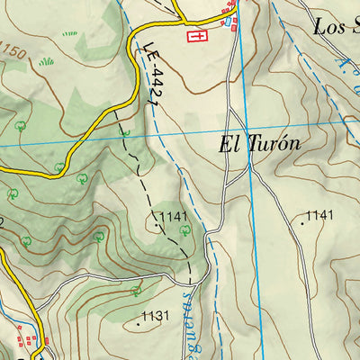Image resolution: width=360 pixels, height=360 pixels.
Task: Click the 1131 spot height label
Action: pos(156,316)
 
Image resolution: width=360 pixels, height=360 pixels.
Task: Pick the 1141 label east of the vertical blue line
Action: pos(319,215)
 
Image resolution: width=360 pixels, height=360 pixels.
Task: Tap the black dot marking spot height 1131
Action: pos(139,321)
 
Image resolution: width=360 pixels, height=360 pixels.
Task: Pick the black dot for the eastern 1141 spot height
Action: pos(302,220)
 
